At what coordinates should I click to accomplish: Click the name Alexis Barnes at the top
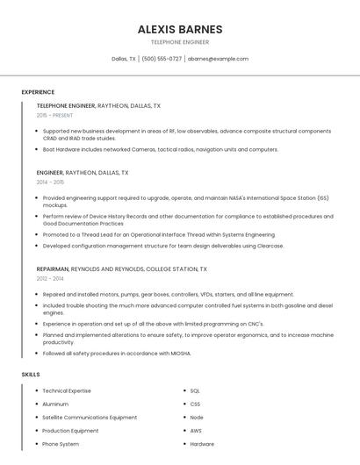tap(180, 29)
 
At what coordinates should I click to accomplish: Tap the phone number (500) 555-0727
tap(162, 59)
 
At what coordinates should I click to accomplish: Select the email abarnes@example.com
tap(218, 59)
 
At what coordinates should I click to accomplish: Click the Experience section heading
tap(38, 92)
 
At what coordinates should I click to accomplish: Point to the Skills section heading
tap(31, 375)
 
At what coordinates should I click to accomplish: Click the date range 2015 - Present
tap(54, 115)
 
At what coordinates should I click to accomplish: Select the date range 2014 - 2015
tap(50, 182)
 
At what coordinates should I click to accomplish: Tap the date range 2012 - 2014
tap(50, 278)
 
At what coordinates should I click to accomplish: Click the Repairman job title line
tap(122, 269)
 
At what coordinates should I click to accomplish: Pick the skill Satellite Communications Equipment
tap(90, 418)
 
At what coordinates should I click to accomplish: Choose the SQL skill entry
tap(195, 391)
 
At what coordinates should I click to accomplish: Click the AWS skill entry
tap(196, 431)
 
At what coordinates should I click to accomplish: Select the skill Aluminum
tap(56, 404)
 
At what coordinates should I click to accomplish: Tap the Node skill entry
tap(197, 418)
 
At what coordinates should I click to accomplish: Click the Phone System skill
tap(61, 444)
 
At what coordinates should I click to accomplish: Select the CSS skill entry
tap(195, 404)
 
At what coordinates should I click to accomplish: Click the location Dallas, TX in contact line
tap(124, 59)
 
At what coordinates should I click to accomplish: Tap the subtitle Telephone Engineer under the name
tap(180, 42)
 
